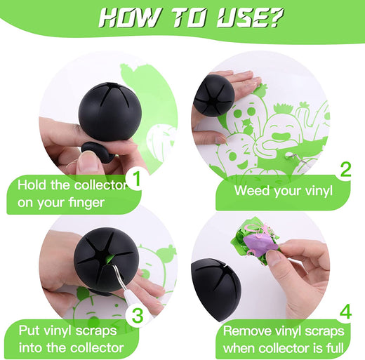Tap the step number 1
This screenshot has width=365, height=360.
click(137, 179)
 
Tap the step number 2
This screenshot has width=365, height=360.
click(346, 170)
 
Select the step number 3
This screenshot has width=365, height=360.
click(138, 316)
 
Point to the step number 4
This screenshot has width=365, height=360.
click(345, 312)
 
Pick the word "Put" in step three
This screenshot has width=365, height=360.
click(29, 331)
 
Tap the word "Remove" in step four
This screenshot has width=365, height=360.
click(247, 331)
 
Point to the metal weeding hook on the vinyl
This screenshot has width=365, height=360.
click(296, 156)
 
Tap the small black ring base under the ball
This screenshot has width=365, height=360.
click(96, 152)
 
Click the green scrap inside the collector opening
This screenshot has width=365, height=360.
click(109, 260)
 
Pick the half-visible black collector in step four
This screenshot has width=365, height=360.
click(215, 290)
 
